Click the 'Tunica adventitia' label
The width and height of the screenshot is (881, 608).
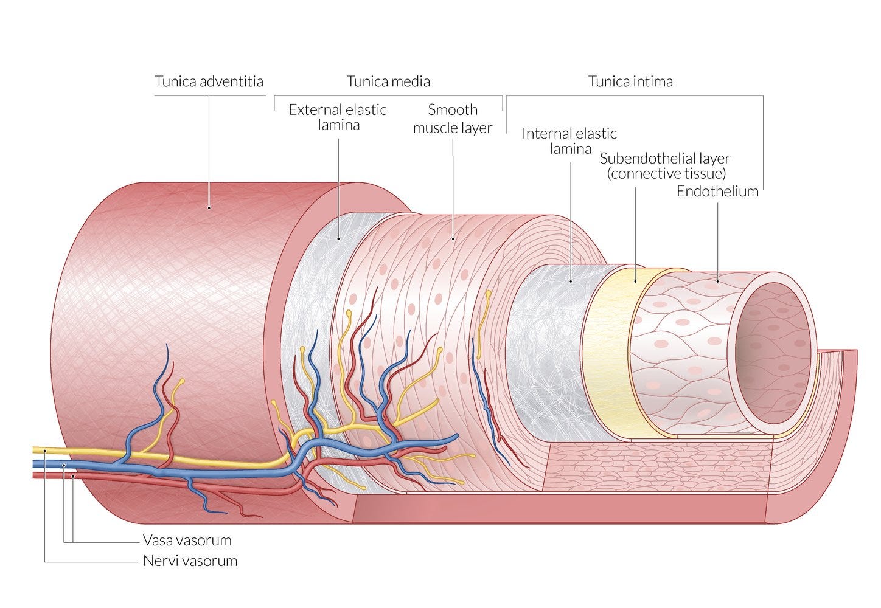coord(209,81)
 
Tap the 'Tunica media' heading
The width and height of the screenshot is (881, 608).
coord(388,81)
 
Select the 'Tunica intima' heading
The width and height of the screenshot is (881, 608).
coord(630,81)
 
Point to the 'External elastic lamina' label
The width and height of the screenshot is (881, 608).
coord(338,117)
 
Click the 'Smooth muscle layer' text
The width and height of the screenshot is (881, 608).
coord(453,119)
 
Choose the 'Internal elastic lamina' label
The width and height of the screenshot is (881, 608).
coord(569,141)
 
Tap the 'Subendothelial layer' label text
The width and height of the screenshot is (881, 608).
coord(664,159)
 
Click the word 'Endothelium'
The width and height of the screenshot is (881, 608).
coord(717,192)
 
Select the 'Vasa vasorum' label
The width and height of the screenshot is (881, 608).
coord(187,541)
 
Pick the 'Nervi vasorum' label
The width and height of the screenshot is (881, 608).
coord(190,561)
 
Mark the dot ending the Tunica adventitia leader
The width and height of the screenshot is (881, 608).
coord(209,207)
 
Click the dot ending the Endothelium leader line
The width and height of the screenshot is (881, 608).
coord(717,281)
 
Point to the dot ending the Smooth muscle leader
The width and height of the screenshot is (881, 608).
coord(453,238)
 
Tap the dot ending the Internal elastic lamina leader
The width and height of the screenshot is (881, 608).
coord(571,281)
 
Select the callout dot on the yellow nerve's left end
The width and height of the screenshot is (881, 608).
coord(45,451)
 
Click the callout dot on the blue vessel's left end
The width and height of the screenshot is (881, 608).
coord(64,465)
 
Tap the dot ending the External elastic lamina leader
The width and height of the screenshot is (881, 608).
coord(339,238)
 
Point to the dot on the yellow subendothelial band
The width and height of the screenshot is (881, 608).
coord(635,281)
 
